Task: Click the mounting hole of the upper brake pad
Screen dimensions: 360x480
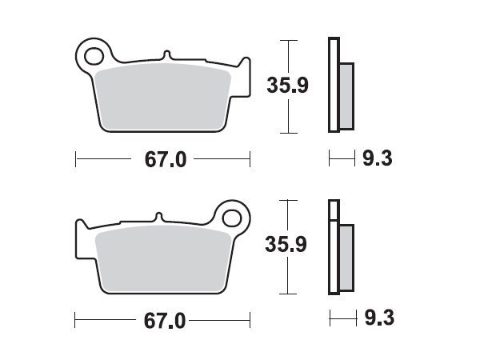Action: (94, 56)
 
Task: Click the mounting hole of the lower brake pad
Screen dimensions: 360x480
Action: (233, 216)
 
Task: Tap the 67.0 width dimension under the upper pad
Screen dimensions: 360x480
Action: (165, 160)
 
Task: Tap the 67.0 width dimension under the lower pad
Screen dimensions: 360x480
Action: (165, 322)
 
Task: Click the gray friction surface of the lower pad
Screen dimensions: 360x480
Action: (164, 258)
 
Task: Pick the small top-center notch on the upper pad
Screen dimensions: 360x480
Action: (166, 55)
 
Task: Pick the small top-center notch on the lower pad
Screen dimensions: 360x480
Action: (160, 216)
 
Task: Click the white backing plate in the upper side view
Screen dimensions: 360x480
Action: (333, 84)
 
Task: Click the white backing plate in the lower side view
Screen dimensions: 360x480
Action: (333, 248)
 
